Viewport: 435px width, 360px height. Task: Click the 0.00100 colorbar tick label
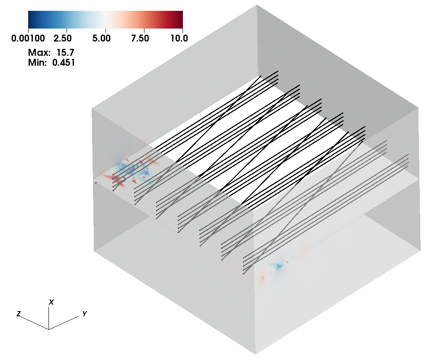coord(28,38)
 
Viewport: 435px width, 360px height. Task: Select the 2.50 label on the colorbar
coord(62,38)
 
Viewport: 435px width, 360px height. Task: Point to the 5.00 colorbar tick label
coord(101,38)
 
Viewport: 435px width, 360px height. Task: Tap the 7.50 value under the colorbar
coord(140,38)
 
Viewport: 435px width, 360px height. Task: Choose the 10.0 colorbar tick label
coord(179,38)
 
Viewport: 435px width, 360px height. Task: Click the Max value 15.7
coord(65,52)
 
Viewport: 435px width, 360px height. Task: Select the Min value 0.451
coord(64,62)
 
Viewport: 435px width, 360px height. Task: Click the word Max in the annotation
coord(39,52)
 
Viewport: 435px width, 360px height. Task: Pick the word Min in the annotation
coord(38,62)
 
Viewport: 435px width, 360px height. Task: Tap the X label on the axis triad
coord(51,302)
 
